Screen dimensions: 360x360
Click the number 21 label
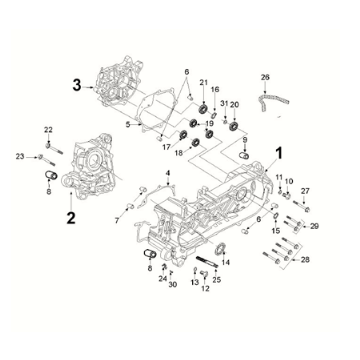[202, 81]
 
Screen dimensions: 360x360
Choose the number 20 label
[234, 104]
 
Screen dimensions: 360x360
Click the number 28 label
[305, 259]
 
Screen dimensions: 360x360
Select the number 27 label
[306, 191]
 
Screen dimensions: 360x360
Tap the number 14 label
[225, 262]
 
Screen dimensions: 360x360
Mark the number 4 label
[169, 174]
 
